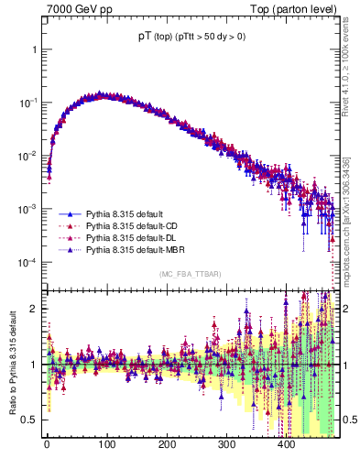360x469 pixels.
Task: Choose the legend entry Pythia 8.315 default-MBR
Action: point(136,249)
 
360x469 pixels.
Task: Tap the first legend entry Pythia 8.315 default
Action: point(122,211)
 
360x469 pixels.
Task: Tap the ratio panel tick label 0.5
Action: point(30,420)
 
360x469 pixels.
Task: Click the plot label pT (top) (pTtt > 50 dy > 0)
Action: point(191,36)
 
